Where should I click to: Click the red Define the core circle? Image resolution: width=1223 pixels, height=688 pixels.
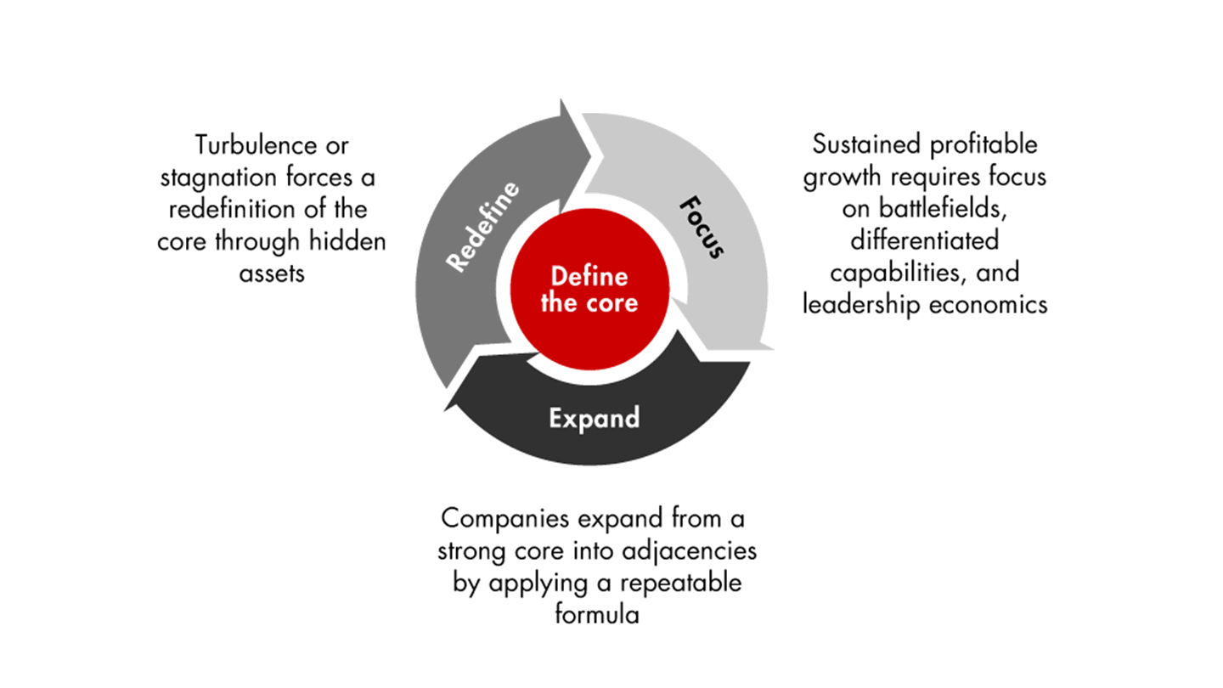pyautogui.click(x=589, y=290)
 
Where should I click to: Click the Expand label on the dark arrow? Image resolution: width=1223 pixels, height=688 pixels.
pyautogui.click(x=593, y=419)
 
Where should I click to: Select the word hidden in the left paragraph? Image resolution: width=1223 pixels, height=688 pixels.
pyautogui.click(x=347, y=241)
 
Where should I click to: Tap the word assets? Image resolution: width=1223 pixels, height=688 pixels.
pyautogui.click(x=272, y=274)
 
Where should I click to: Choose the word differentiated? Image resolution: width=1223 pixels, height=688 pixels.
pyautogui.click(x=925, y=241)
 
